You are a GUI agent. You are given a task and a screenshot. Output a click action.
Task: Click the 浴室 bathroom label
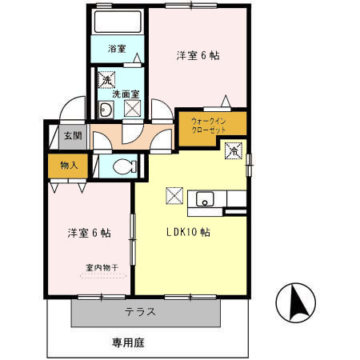117,49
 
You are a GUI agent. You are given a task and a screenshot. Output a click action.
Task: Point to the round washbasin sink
106,110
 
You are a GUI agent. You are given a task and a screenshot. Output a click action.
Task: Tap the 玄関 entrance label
72,135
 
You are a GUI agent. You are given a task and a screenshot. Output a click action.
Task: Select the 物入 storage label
69,166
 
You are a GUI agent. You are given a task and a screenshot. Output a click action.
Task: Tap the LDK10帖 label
188,233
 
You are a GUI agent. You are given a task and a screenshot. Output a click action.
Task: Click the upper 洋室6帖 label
198,55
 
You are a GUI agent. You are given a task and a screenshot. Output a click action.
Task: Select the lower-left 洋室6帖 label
89,233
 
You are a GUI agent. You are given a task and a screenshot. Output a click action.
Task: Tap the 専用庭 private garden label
128,343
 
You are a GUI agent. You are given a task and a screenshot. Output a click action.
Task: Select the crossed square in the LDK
174,194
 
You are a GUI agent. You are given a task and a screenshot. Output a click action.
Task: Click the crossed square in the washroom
133,108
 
